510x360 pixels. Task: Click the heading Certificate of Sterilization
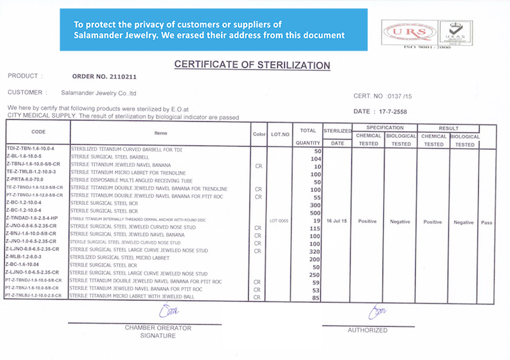pyautogui.click(x=252, y=65)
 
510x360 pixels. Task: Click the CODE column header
pyautogui.click(x=39, y=132)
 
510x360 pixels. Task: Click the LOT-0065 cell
pyautogui.click(x=279, y=222)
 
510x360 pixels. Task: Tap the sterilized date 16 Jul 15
pyautogui.click(x=337, y=222)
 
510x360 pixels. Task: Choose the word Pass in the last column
pyautogui.click(x=487, y=222)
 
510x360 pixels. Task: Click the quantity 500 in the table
pyautogui.click(x=315, y=213)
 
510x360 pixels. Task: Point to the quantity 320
pyautogui.click(x=315, y=252)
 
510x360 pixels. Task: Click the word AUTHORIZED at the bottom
pyautogui.click(x=367, y=330)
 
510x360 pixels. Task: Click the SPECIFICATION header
pyautogui.click(x=385, y=128)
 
